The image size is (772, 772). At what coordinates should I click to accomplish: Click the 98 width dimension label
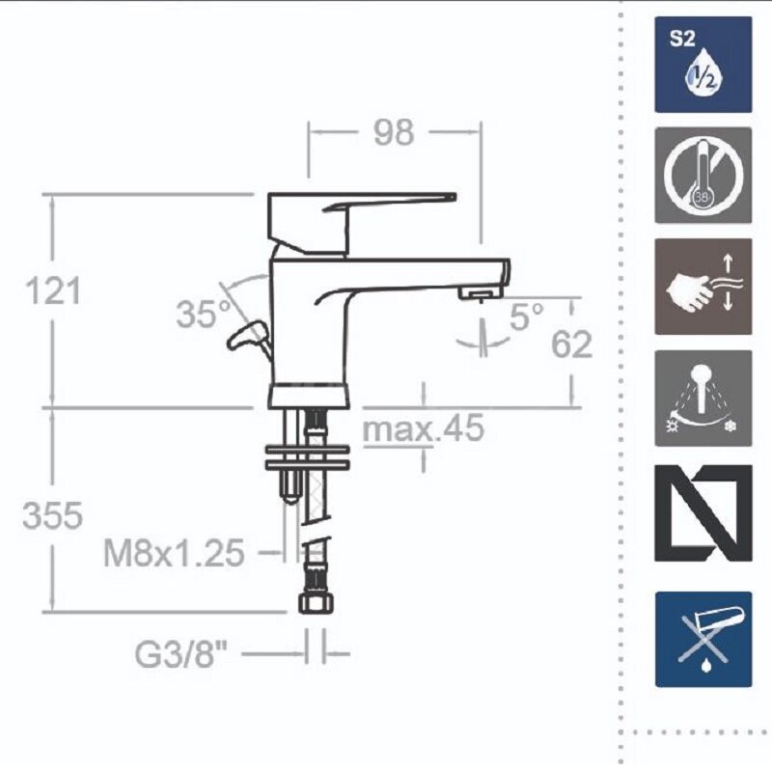point(394,133)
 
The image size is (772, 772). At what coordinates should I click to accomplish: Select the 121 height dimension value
point(53,291)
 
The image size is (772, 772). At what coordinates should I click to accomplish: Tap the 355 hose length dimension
point(53,516)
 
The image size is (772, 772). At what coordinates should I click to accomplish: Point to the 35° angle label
point(204,315)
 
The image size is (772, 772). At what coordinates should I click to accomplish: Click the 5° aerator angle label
point(527,317)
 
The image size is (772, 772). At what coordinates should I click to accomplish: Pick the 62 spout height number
point(571,345)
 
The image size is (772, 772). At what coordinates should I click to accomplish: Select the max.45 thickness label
point(424,427)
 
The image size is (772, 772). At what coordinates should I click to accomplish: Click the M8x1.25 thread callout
point(174,553)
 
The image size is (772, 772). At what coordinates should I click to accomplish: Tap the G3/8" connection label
point(180,654)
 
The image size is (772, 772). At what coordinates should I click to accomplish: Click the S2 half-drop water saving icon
point(703,65)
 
